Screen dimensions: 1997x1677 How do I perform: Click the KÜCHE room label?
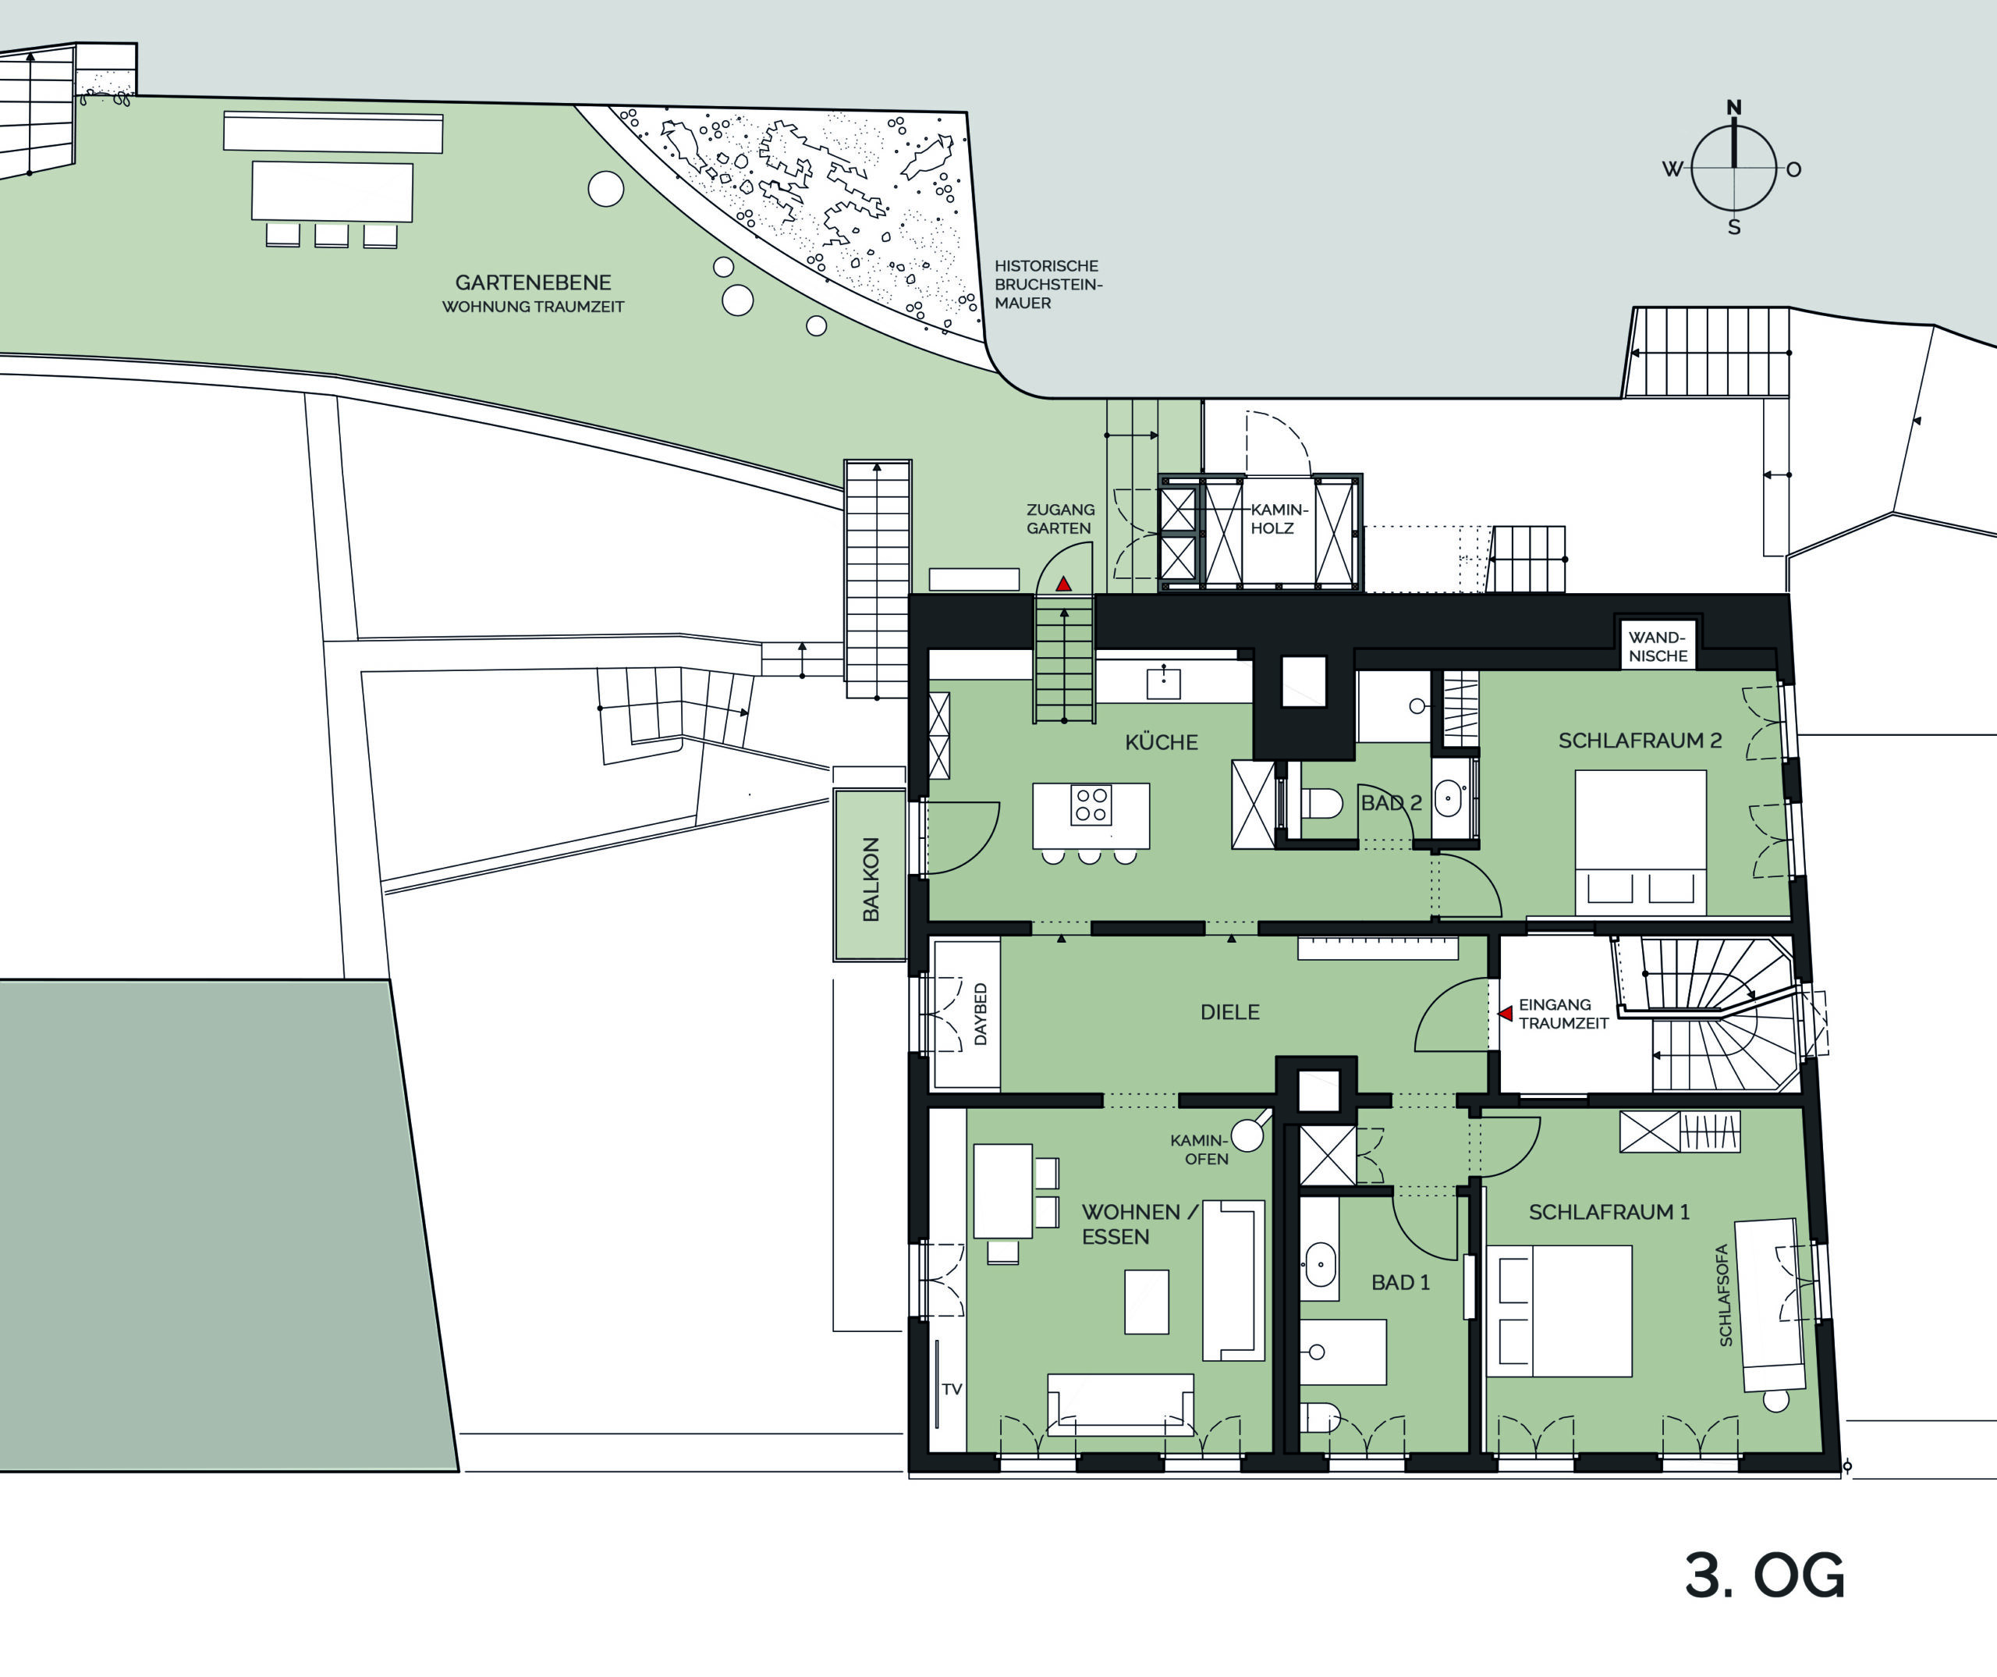point(1161,742)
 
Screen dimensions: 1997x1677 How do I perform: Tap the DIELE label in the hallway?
point(1229,1012)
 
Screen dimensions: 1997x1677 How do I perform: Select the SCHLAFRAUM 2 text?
point(1640,740)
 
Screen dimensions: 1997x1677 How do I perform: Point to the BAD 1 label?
point(1399,1282)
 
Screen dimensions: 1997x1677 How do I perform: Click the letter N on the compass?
point(1733,108)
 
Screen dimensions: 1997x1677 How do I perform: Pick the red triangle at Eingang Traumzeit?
point(1506,1014)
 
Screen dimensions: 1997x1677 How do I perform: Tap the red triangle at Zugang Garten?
point(1063,584)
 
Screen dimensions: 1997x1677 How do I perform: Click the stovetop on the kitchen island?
point(1091,804)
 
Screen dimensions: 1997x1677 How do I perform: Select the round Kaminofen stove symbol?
point(1247,1135)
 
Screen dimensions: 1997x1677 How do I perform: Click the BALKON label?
point(870,879)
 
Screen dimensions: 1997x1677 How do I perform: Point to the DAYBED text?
point(981,1014)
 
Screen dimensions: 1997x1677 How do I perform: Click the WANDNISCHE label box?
point(1658,646)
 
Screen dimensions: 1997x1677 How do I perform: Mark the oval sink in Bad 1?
point(1319,1264)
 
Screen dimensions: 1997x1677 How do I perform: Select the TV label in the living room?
point(952,1389)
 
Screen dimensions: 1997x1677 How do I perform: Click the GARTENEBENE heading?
point(533,282)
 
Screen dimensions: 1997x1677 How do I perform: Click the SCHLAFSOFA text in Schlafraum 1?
point(1725,1295)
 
